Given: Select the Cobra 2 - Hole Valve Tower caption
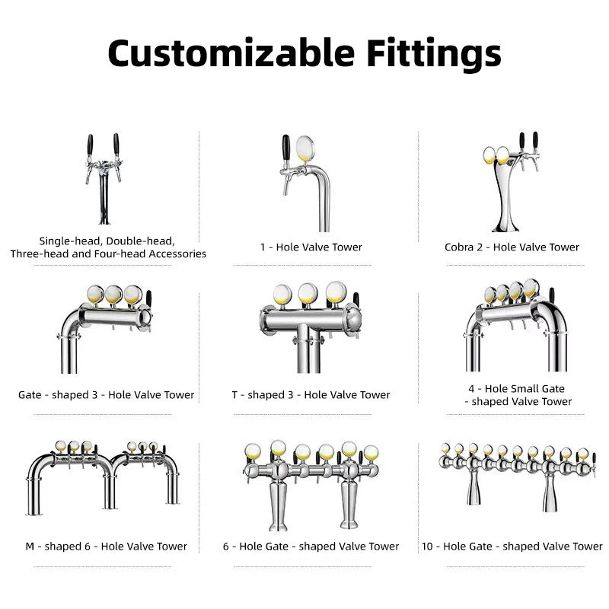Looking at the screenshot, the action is click(512, 247).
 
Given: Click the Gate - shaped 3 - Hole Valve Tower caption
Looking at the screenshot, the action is click(107, 395).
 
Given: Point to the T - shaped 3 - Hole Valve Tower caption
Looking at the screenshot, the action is click(311, 395).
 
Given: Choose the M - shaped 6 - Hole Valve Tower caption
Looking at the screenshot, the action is click(106, 546).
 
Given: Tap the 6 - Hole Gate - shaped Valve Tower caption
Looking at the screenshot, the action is click(311, 546).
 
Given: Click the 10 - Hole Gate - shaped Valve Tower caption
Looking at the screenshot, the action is click(512, 546).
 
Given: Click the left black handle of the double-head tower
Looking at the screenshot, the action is click(90, 144).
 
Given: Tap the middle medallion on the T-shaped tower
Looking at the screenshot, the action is click(308, 293).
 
